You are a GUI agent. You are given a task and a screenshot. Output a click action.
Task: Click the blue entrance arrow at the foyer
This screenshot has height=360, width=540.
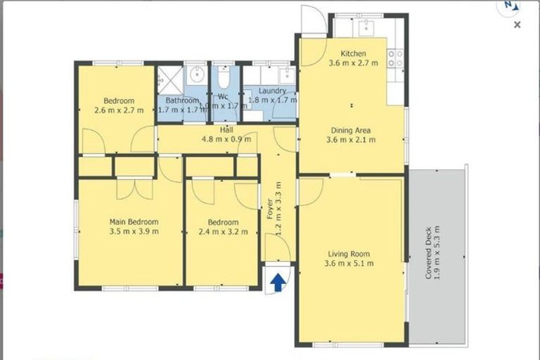(x=278, y=282)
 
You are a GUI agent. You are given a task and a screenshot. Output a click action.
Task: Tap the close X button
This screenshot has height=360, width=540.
(x=517, y=25)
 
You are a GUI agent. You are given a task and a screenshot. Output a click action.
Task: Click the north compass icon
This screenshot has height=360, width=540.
(x=508, y=6)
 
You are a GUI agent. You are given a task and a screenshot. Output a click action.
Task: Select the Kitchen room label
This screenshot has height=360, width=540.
(x=353, y=53)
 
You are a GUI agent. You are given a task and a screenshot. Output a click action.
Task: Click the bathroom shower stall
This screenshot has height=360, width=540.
(x=169, y=79)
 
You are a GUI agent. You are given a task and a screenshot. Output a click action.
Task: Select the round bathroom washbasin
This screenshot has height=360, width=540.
(x=197, y=73)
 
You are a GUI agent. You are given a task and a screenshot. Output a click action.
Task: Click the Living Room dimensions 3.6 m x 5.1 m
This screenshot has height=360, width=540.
(x=349, y=264)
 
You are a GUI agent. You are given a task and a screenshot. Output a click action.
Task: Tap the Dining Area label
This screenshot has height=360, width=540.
(x=351, y=130)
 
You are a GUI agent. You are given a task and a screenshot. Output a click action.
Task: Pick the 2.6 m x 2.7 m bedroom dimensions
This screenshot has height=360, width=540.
(x=119, y=110)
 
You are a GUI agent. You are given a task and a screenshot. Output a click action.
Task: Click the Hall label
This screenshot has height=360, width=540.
(x=226, y=129)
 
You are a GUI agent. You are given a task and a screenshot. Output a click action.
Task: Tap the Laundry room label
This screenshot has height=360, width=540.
(x=272, y=91)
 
